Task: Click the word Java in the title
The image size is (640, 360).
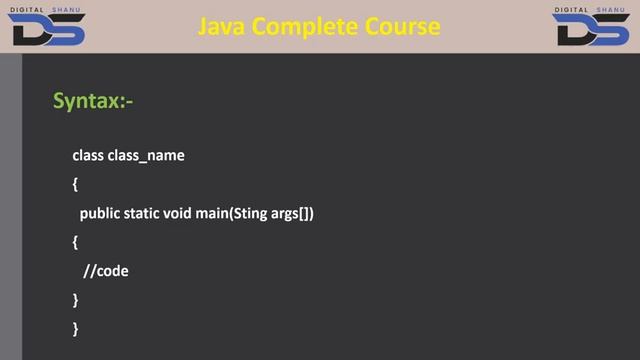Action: click(x=222, y=27)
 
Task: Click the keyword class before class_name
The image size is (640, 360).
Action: click(x=88, y=156)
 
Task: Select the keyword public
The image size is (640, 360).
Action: click(x=101, y=214)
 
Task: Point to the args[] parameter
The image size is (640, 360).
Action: click(x=293, y=214)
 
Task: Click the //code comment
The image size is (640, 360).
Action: click(x=107, y=271)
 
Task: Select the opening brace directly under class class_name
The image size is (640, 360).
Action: click(x=75, y=185)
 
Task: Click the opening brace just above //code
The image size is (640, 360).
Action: click(x=75, y=243)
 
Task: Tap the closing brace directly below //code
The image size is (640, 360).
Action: click(x=75, y=300)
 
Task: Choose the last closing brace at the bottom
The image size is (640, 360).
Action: click(x=75, y=328)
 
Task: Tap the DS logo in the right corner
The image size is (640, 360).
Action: click(x=589, y=31)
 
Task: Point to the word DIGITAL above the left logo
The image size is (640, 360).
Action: click(x=30, y=9)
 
